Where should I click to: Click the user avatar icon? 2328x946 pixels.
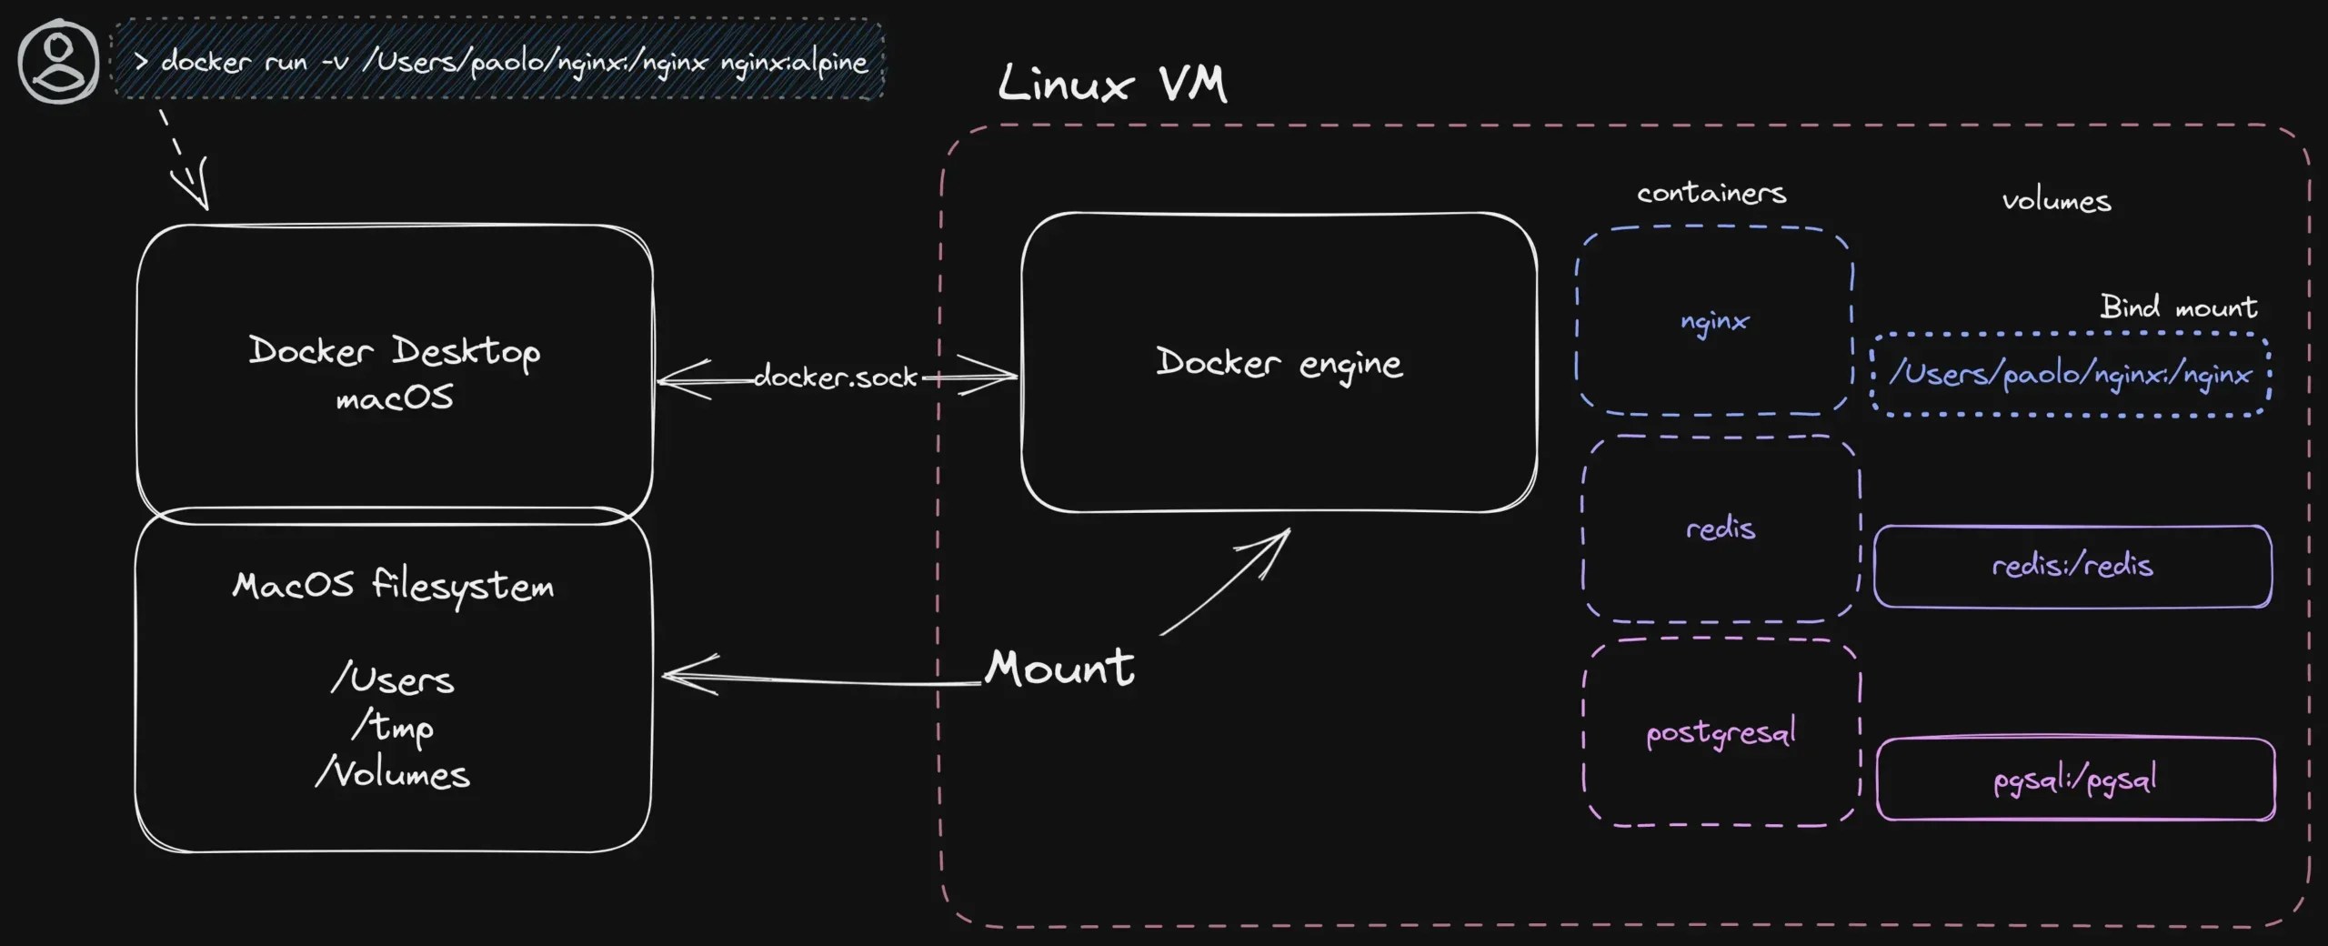click(58, 63)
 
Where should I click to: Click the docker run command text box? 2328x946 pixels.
click(498, 61)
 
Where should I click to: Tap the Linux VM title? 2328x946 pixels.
click(1111, 84)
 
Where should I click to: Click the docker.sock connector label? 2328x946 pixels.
click(835, 377)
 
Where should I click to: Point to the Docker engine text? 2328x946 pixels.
click(1279, 363)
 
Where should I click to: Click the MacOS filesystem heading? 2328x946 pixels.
click(393, 585)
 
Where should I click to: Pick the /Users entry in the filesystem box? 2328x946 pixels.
click(393, 679)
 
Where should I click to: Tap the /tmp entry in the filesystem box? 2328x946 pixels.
click(393, 726)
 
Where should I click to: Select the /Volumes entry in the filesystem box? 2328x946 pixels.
click(393, 773)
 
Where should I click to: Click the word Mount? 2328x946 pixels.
click(1059, 668)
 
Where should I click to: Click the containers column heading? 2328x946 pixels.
click(1711, 193)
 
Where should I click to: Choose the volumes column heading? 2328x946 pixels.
click(2056, 200)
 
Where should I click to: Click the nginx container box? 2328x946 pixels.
click(1714, 321)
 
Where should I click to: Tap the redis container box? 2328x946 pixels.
click(1720, 528)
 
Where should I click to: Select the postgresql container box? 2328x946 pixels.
click(1721, 732)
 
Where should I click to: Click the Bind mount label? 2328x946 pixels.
click(2178, 307)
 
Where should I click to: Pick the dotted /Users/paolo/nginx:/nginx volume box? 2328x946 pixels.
click(2071, 374)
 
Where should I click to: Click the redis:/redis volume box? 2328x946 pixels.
click(2072, 566)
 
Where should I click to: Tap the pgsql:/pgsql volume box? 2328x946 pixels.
click(2075, 780)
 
